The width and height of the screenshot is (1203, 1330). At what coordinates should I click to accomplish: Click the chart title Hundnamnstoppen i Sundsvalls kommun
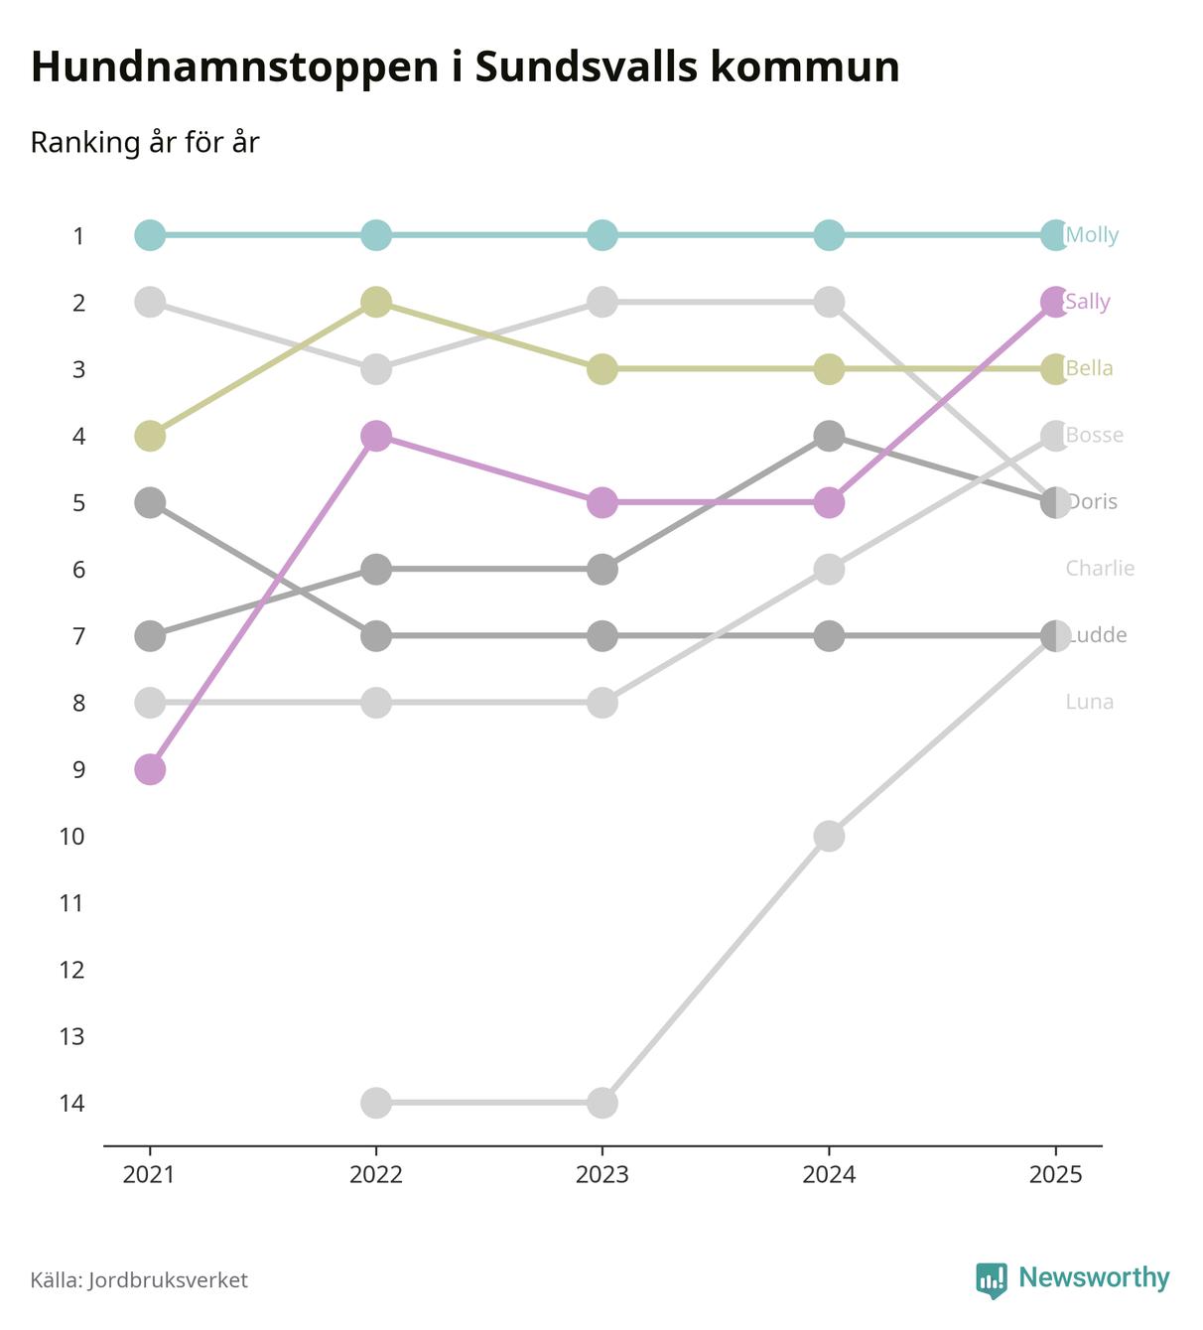pyautogui.click(x=465, y=67)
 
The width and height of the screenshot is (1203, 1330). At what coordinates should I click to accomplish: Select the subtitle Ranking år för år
pyautogui.click(x=145, y=143)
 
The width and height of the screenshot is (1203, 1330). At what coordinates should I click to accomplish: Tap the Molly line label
pyautogui.click(x=1092, y=235)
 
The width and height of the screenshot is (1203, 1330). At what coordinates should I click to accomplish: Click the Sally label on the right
pyautogui.click(x=1088, y=302)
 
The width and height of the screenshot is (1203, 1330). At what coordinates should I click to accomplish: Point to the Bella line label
pyautogui.click(x=1090, y=368)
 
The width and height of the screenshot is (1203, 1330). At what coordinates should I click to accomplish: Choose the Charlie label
pyautogui.click(x=1100, y=569)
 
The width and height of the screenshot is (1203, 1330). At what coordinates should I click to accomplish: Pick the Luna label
pyautogui.click(x=1090, y=702)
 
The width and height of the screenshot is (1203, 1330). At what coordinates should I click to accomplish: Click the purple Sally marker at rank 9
pyautogui.click(x=150, y=769)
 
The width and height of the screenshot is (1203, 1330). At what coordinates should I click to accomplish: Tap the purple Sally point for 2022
pyautogui.click(x=376, y=436)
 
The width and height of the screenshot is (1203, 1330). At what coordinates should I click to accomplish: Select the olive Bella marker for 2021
pyautogui.click(x=150, y=436)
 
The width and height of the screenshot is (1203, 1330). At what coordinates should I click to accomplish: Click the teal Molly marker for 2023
pyautogui.click(x=602, y=235)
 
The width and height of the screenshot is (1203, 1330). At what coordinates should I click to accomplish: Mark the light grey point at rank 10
pyautogui.click(x=829, y=836)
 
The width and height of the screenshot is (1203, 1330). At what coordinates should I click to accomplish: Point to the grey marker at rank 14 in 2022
pyautogui.click(x=376, y=1103)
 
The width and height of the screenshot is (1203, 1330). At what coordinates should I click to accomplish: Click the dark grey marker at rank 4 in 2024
pyautogui.click(x=829, y=436)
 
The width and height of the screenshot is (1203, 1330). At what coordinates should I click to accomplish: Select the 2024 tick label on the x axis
pyautogui.click(x=829, y=1175)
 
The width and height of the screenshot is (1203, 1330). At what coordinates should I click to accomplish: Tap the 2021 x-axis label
pyautogui.click(x=149, y=1175)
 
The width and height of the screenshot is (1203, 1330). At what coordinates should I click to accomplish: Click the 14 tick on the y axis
pyautogui.click(x=71, y=1103)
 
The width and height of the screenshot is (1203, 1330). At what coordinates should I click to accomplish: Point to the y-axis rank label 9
pyautogui.click(x=77, y=769)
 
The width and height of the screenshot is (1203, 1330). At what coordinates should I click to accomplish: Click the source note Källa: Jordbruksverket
pyautogui.click(x=139, y=1280)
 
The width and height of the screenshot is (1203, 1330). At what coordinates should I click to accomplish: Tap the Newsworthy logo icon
pyautogui.click(x=991, y=1279)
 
